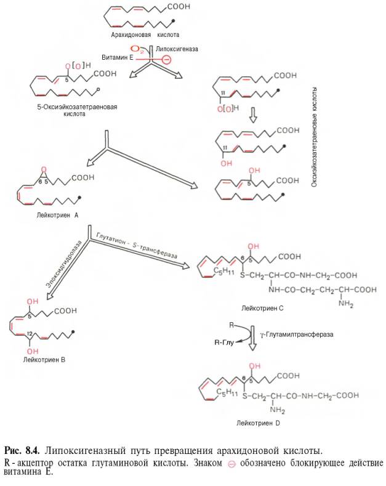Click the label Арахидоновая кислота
(x=145, y=35)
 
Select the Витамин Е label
(x=115, y=57)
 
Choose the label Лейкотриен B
(x=44, y=357)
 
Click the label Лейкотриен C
(x=264, y=306)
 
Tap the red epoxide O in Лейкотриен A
(x=42, y=169)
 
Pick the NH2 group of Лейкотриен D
(x=275, y=410)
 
